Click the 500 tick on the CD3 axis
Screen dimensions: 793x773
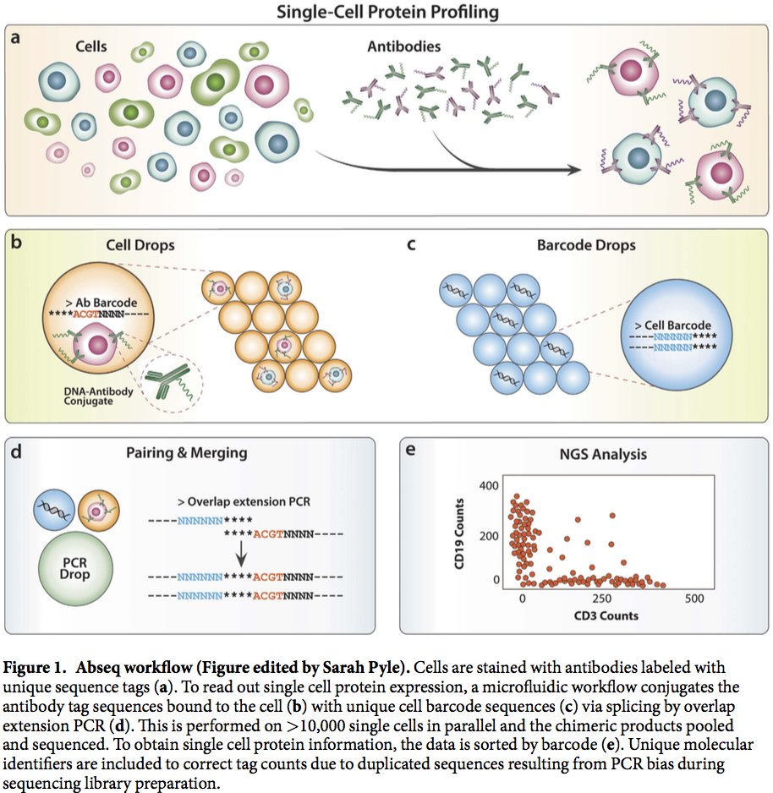click(693, 599)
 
